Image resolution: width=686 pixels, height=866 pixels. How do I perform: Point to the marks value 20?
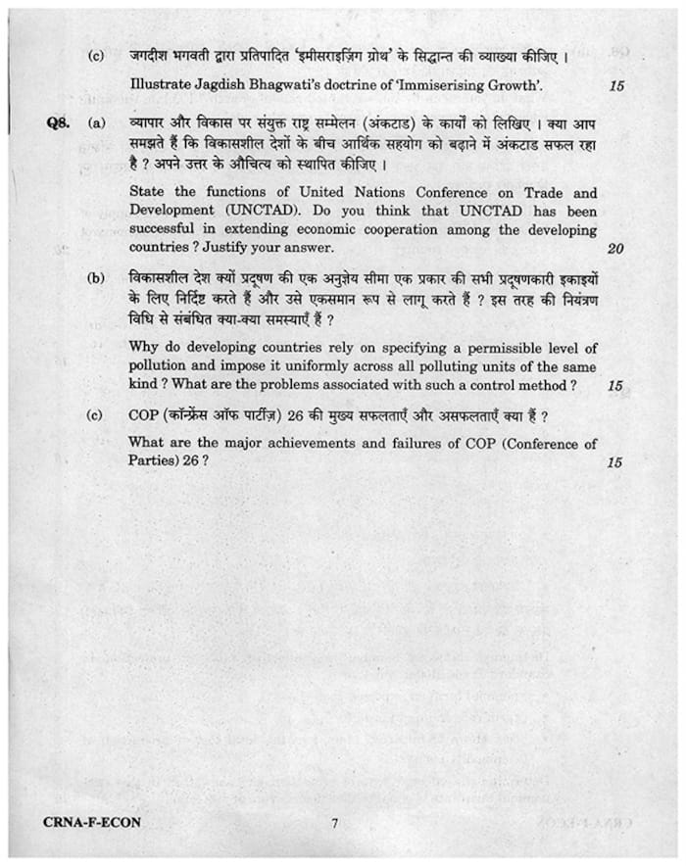tap(614, 248)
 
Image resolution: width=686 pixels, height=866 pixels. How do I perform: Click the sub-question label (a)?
tap(97, 125)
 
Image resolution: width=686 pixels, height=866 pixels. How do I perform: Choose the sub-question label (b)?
tap(97, 279)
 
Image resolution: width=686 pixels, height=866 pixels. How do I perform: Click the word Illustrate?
tap(163, 85)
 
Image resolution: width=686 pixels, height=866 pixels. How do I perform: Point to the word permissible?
tap(475, 349)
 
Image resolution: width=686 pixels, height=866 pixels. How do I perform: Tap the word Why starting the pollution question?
tap(144, 349)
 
